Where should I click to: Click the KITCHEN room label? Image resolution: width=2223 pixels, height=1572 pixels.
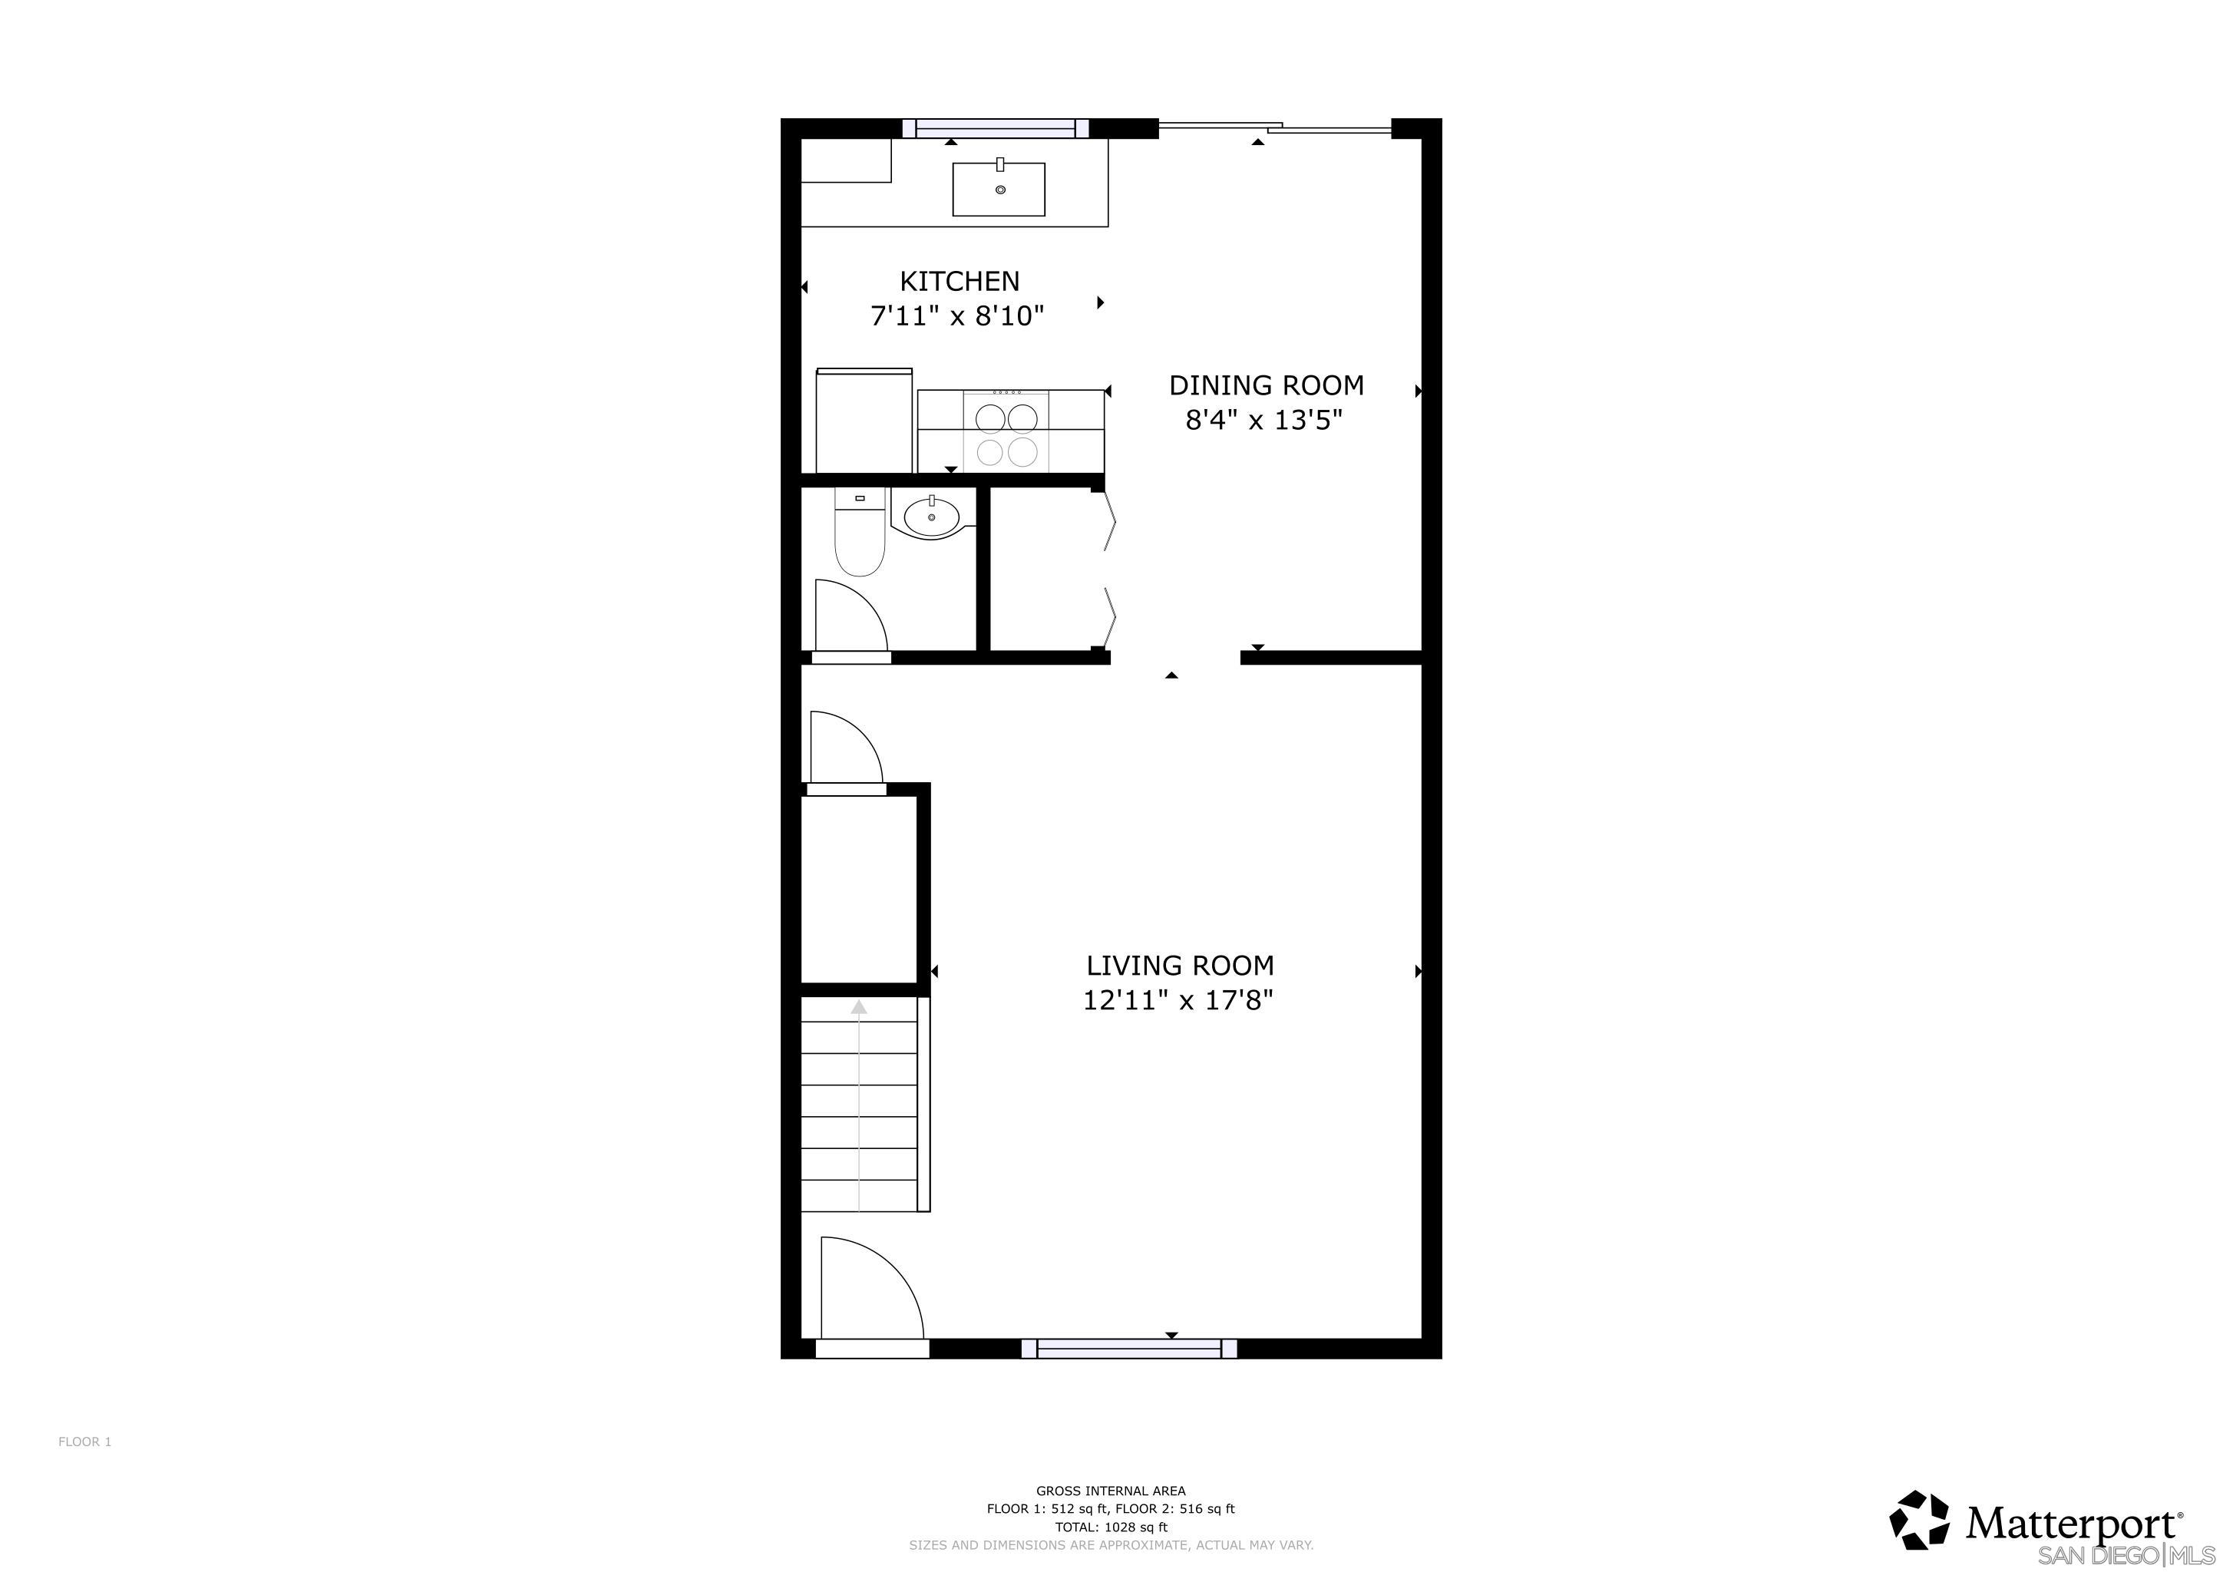[959, 281]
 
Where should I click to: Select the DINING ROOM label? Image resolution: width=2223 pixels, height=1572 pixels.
[1266, 385]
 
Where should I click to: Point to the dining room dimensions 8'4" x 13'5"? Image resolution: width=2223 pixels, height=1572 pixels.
[1263, 420]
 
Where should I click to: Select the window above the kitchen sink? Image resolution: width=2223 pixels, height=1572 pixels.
[996, 127]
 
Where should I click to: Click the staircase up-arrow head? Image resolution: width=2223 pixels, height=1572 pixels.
[858, 1008]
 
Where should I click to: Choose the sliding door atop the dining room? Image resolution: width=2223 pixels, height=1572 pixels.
[1273, 127]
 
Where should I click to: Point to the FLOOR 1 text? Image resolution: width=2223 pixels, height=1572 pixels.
[85, 1442]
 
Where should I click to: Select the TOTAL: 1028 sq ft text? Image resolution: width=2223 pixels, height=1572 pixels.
[1111, 1527]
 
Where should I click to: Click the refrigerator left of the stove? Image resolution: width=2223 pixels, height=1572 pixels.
[864, 421]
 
